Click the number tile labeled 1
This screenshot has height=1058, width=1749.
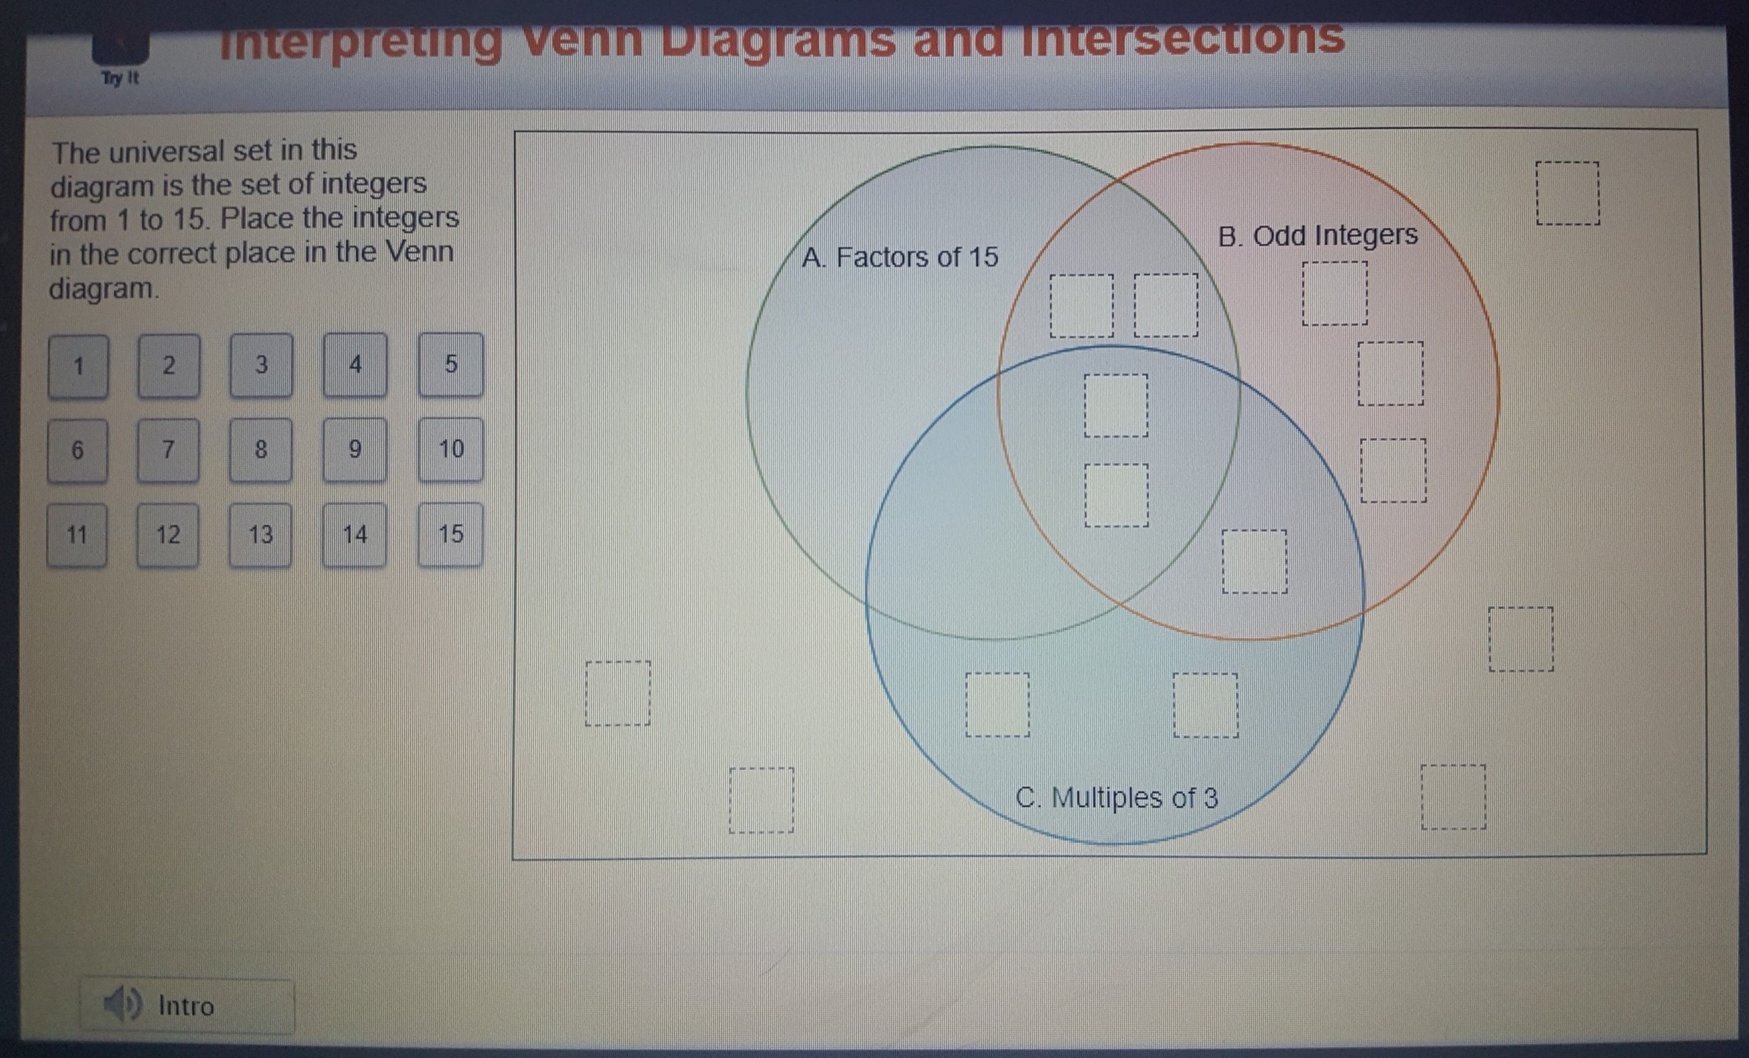[x=78, y=366]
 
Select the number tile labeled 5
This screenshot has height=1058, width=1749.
[x=451, y=364]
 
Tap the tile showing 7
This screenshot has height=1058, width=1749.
[x=168, y=450]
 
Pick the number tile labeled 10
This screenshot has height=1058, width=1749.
[x=451, y=449]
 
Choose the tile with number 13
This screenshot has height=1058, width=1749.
[x=260, y=535]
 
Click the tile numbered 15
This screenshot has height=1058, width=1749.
[x=451, y=534]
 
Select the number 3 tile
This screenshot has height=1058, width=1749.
[x=261, y=365]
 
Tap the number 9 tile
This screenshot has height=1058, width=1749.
[x=355, y=449]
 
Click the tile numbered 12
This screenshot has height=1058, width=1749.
[x=168, y=535]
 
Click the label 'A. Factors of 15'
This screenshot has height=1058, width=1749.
[x=900, y=258]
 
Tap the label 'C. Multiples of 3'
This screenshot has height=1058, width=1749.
[x=1116, y=797]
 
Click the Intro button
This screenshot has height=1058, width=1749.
[x=187, y=1006]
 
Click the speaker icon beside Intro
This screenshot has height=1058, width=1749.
[x=121, y=1004]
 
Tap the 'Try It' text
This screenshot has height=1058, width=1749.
[x=120, y=78]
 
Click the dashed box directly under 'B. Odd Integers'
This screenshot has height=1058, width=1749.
[x=1335, y=293]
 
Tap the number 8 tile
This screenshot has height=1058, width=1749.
[x=260, y=450]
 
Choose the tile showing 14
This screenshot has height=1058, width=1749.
[x=355, y=535]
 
